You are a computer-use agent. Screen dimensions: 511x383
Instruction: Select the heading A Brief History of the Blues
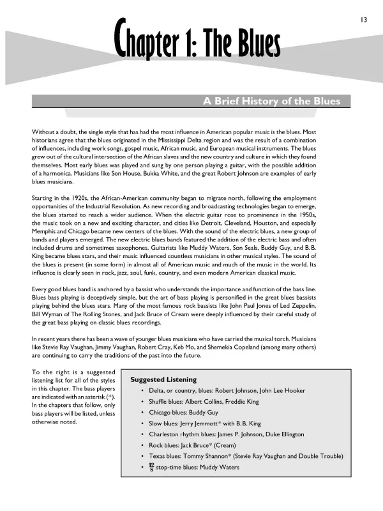click(x=271, y=102)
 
